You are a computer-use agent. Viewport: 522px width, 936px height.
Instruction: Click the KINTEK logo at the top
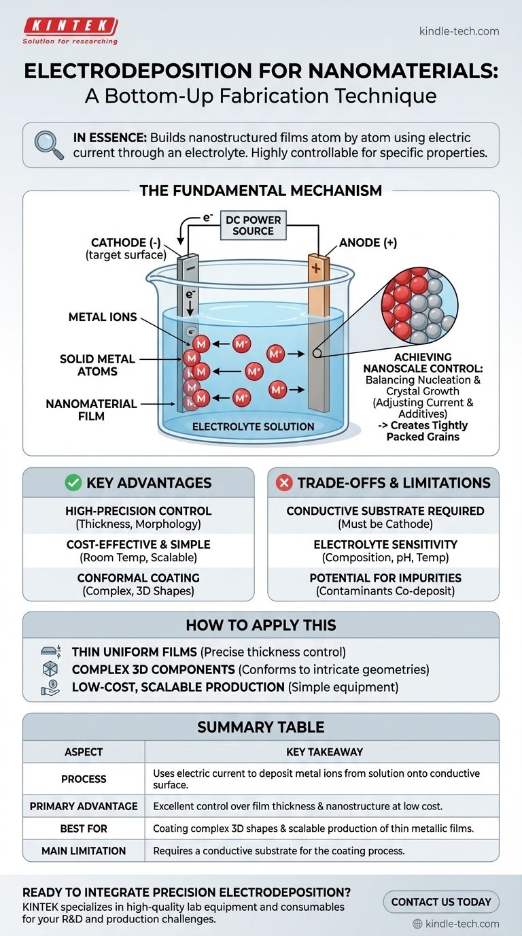pyautogui.click(x=70, y=27)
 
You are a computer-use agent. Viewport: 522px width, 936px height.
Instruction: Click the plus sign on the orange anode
pyautogui.click(x=315, y=268)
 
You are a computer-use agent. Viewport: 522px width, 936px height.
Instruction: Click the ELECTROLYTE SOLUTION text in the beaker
pyautogui.click(x=253, y=427)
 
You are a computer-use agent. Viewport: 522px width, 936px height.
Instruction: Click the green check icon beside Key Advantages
pyautogui.click(x=72, y=483)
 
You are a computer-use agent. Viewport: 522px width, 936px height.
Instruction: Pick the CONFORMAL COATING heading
pyautogui.click(x=139, y=578)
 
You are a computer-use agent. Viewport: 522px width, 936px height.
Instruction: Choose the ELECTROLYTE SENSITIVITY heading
pyautogui.click(x=385, y=544)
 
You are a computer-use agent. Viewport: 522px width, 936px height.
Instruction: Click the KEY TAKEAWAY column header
pyautogui.click(x=321, y=752)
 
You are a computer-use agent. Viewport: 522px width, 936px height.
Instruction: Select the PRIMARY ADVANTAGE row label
pyautogui.click(x=84, y=806)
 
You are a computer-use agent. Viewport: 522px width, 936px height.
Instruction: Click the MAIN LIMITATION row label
pyautogui.click(x=84, y=850)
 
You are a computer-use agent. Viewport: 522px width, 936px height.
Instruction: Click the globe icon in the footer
pyautogui.click(x=417, y=924)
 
